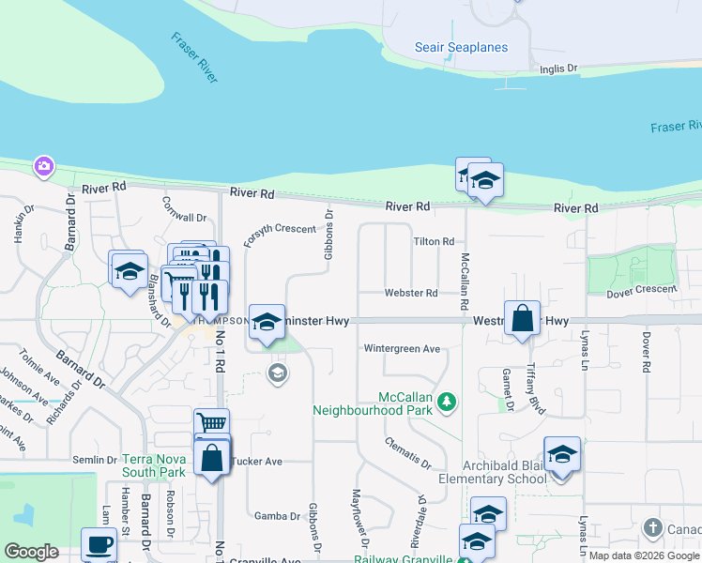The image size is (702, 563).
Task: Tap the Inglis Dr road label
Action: coord(558,68)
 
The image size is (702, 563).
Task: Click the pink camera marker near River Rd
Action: coord(43,166)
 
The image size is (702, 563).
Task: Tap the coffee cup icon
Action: coord(99,543)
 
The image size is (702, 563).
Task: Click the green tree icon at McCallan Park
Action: coord(449,402)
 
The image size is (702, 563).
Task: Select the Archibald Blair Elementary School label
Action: coord(505,472)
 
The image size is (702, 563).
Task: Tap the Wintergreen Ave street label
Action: coord(402,349)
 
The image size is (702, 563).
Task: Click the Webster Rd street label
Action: coord(410,294)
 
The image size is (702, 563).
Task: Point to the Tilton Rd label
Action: coord(434,242)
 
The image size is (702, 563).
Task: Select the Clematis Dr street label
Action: coord(407,452)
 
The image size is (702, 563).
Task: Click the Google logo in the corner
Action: coord(32,552)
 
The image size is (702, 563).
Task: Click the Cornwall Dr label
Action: coord(184,210)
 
